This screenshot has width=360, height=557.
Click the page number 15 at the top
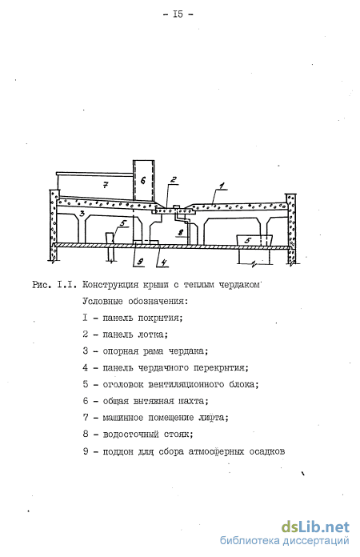pyautogui.click(x=178, y=14)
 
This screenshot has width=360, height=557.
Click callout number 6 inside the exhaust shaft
pyautogui.click(x=142, y=180)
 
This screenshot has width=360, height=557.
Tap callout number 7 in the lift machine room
pyautogui.click(x=106, y=184)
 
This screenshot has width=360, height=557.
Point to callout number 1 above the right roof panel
pyautogui.click(x=222, y=186)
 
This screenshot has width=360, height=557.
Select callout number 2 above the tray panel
pyautogui.click(x=174, y=180)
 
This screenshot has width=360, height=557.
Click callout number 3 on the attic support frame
pyautogui.click(x=82, y=214)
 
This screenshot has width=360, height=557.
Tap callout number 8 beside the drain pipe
pyautogui.click(x=180, y=233)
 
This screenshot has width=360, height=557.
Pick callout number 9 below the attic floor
pyautogui.click(x=140, y=262)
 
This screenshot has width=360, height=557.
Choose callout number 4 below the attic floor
pyautogui.click(x=164, y=262)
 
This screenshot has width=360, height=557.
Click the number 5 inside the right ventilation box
pyautogui.click(x=248, y=241)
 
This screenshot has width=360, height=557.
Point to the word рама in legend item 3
pyautogui.click(x=153, y=351)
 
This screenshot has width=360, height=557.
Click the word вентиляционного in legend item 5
pyautogui.click(x=186, y=385)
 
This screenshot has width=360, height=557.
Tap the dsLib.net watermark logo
pyautogui.click(x=316, y=527)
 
